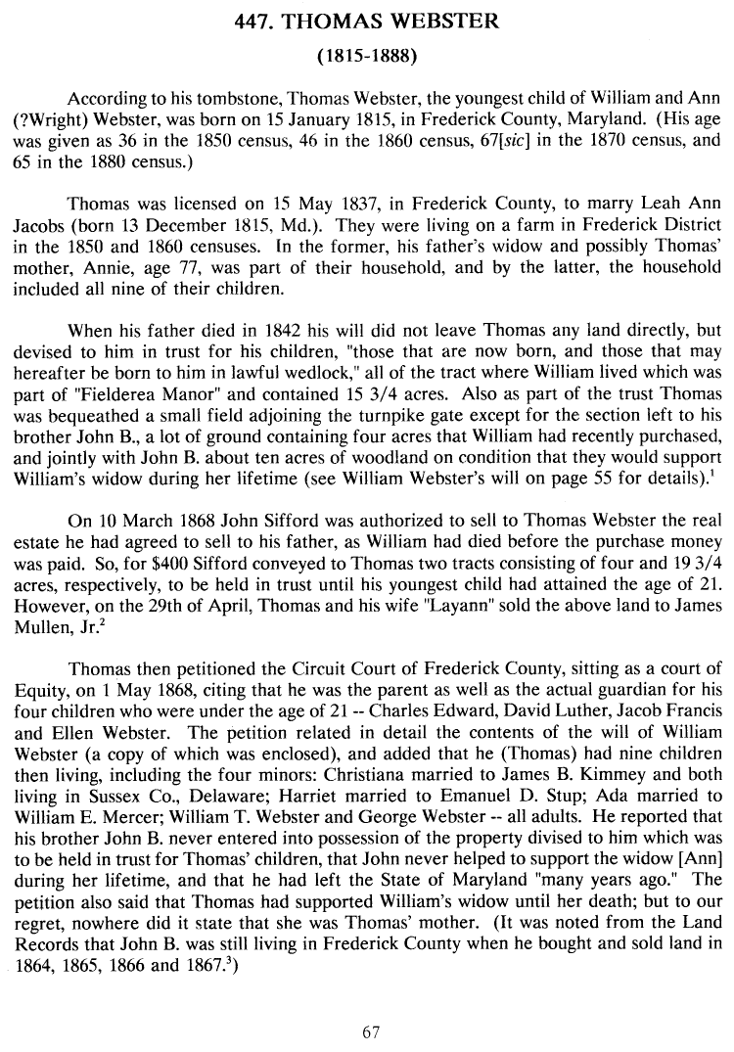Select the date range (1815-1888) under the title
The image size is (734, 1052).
click(367, 57)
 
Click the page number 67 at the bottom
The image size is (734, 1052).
click(369, 1030)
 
